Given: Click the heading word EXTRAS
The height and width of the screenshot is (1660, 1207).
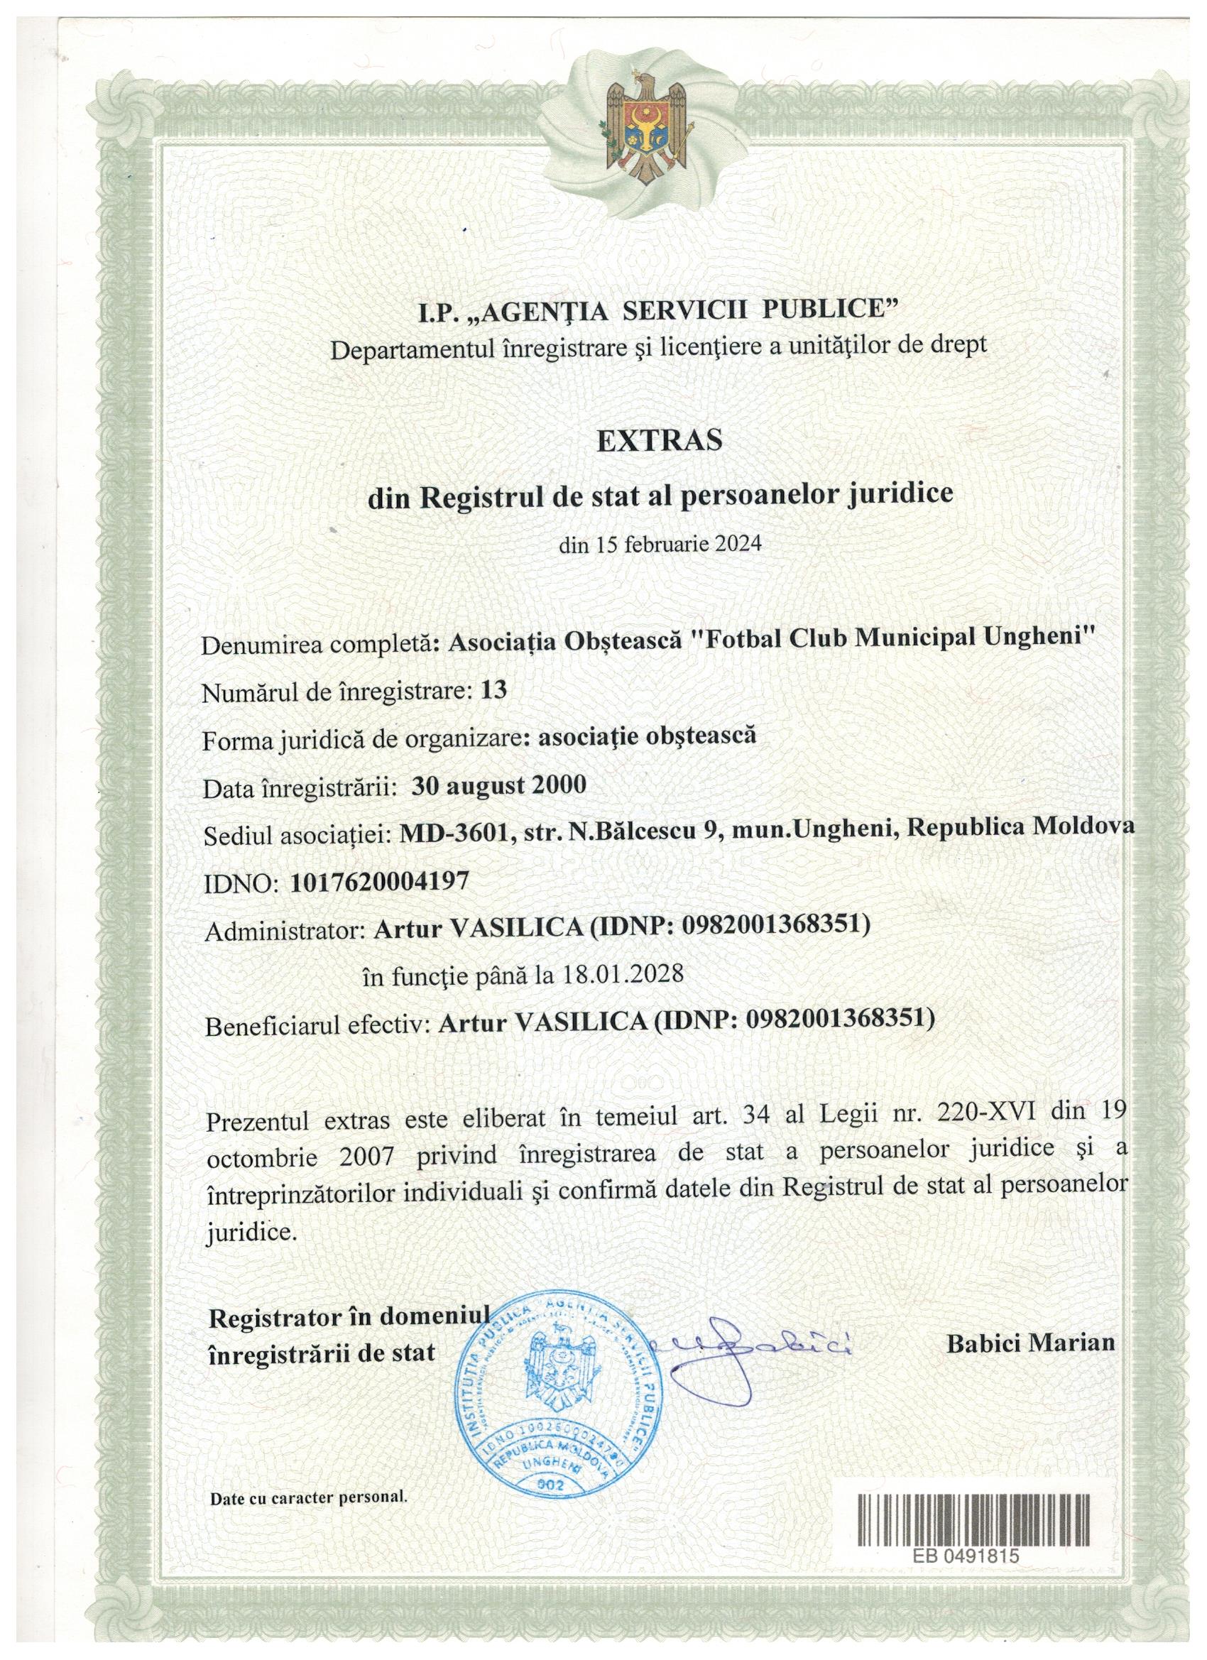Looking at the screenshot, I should (x=660, y=440).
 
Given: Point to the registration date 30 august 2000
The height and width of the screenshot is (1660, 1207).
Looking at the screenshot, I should (x=498, y=785).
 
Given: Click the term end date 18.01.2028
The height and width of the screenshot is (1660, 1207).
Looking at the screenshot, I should (x=623, y=974).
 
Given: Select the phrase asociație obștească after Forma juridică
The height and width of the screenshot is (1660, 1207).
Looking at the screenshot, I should (x=645, y=736).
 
